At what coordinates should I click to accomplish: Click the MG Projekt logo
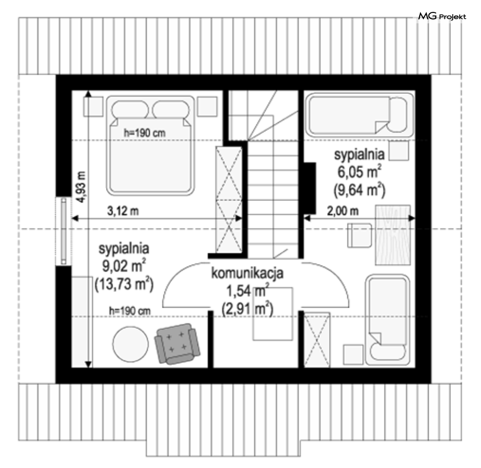coord(442,16)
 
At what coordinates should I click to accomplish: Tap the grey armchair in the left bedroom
coord(177,344)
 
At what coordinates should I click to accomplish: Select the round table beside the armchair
coord(131,344)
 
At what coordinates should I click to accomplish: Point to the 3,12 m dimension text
coord(123,211)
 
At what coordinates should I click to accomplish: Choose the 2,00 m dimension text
coord(343,211)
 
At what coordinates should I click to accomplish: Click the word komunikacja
coord(247,273)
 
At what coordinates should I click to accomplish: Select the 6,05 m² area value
coord(359,172)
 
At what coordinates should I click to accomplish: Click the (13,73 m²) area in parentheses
coord(124,284)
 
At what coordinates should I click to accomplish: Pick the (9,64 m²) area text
coord(359,190)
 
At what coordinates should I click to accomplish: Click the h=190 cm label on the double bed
coord(144,133)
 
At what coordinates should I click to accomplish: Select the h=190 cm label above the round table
coord(130,311)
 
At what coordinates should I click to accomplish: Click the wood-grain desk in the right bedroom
coord(393,235)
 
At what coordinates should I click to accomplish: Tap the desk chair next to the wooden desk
coord(360,235)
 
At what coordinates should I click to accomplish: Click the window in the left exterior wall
coord(64,231)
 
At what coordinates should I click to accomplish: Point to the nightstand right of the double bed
coord(208,106)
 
